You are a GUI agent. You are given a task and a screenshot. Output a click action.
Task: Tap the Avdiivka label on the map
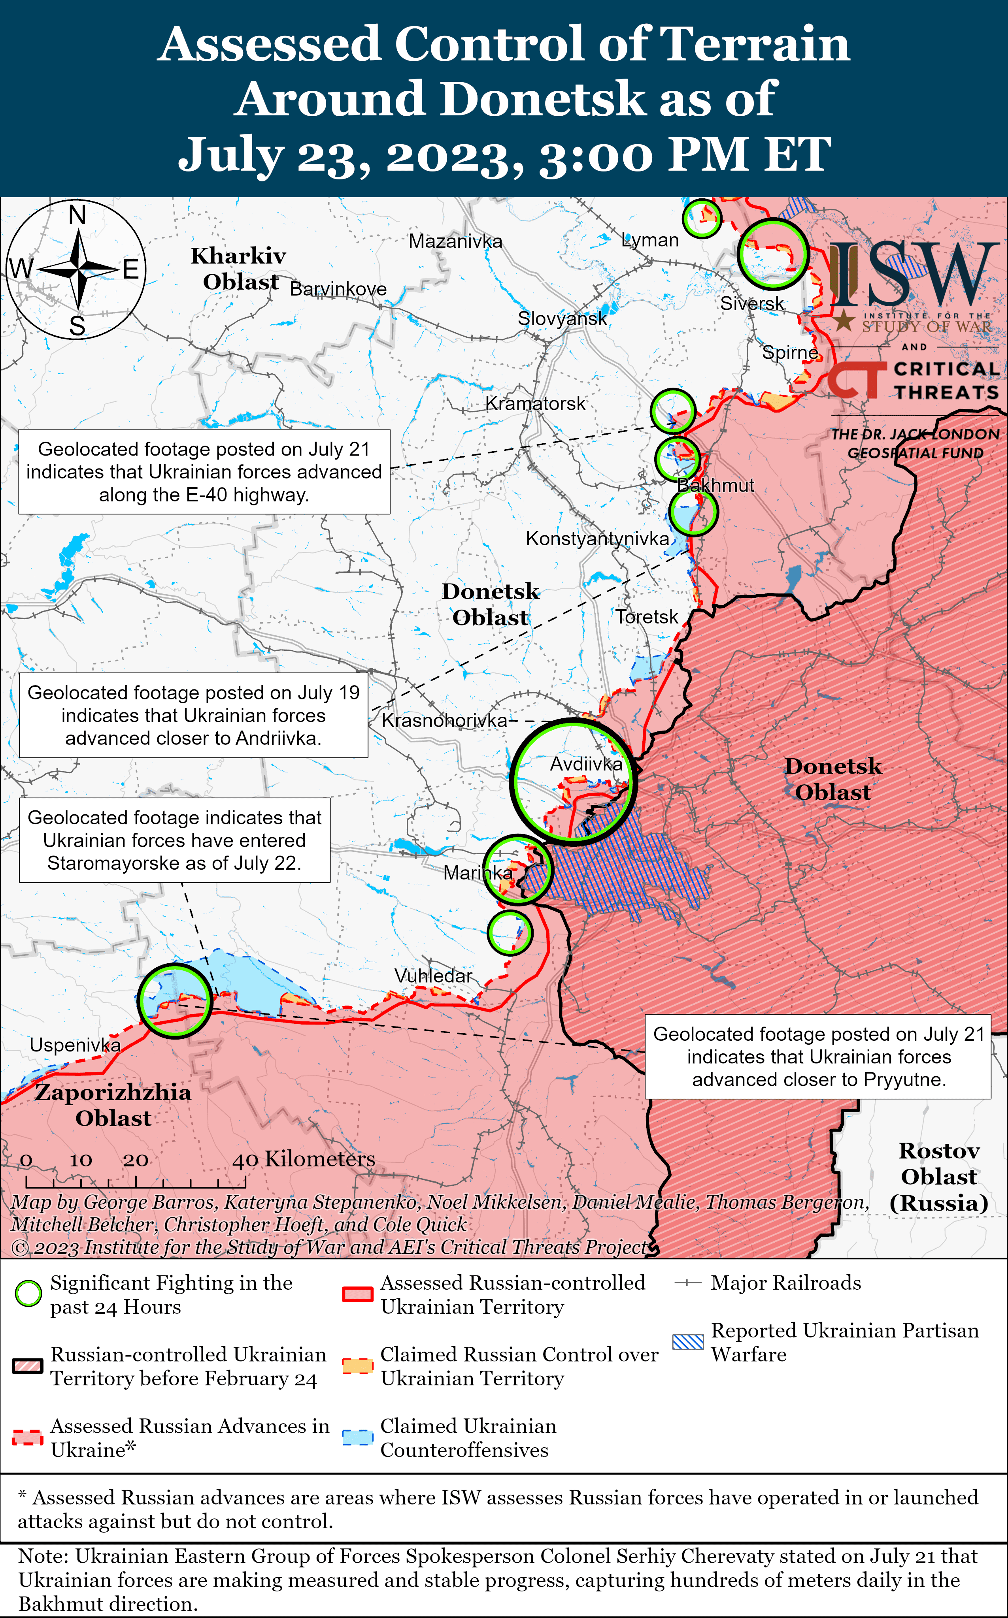tap(586, 764)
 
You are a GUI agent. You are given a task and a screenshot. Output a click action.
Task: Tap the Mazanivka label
tap(455, 241)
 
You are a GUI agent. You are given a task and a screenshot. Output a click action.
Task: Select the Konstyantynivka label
tap(597, 539)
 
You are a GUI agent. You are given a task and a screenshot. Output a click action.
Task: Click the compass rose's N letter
tap(77, 215)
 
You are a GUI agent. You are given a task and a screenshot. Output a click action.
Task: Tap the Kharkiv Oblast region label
tap(239, 269)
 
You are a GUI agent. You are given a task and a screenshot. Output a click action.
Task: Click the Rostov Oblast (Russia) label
tap(939, 1176)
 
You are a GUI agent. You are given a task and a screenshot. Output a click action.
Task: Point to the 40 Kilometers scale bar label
tap(303, 1159)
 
